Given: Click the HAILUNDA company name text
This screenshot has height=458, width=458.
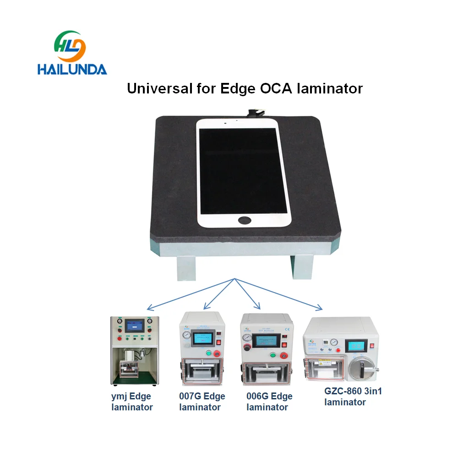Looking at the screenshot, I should click(x=72, y=69).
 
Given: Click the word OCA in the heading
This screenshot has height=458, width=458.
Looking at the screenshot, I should click(x=271, y=88).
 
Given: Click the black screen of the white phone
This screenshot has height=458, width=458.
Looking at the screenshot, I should click(x=243, y=168).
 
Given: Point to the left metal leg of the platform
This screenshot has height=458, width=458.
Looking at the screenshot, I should click(x=186, y=268).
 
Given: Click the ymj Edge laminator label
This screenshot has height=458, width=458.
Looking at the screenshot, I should click(x=131, y=402).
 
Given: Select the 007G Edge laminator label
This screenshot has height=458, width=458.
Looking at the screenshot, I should click(x=202, y=402).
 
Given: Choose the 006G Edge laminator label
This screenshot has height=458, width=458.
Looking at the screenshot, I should click(x=269, y=402).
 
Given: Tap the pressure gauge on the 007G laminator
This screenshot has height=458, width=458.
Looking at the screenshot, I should click(x=186, y=336).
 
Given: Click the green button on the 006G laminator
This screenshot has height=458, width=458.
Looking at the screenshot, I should click(x=274, y=354).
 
